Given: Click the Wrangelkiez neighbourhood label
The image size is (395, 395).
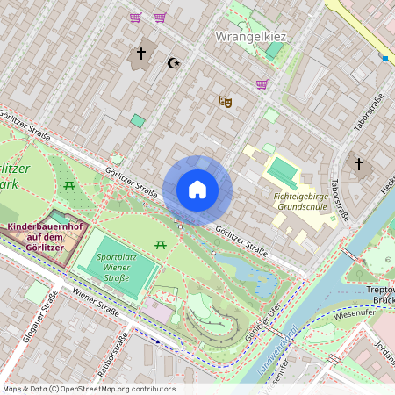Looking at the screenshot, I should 252,37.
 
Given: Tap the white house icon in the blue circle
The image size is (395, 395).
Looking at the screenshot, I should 197,190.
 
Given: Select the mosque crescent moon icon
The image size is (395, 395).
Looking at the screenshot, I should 172,62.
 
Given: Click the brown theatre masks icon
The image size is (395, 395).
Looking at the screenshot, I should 226,101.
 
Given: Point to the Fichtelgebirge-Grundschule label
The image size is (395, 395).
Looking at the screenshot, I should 302,203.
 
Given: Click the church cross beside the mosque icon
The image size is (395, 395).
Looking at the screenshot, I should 140,54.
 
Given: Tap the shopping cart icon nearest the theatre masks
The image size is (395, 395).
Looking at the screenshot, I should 262,84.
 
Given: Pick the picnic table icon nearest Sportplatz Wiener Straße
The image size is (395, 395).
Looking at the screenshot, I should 160,244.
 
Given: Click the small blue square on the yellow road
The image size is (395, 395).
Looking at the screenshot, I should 384,59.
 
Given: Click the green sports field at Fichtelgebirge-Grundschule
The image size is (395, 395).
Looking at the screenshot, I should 283,171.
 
